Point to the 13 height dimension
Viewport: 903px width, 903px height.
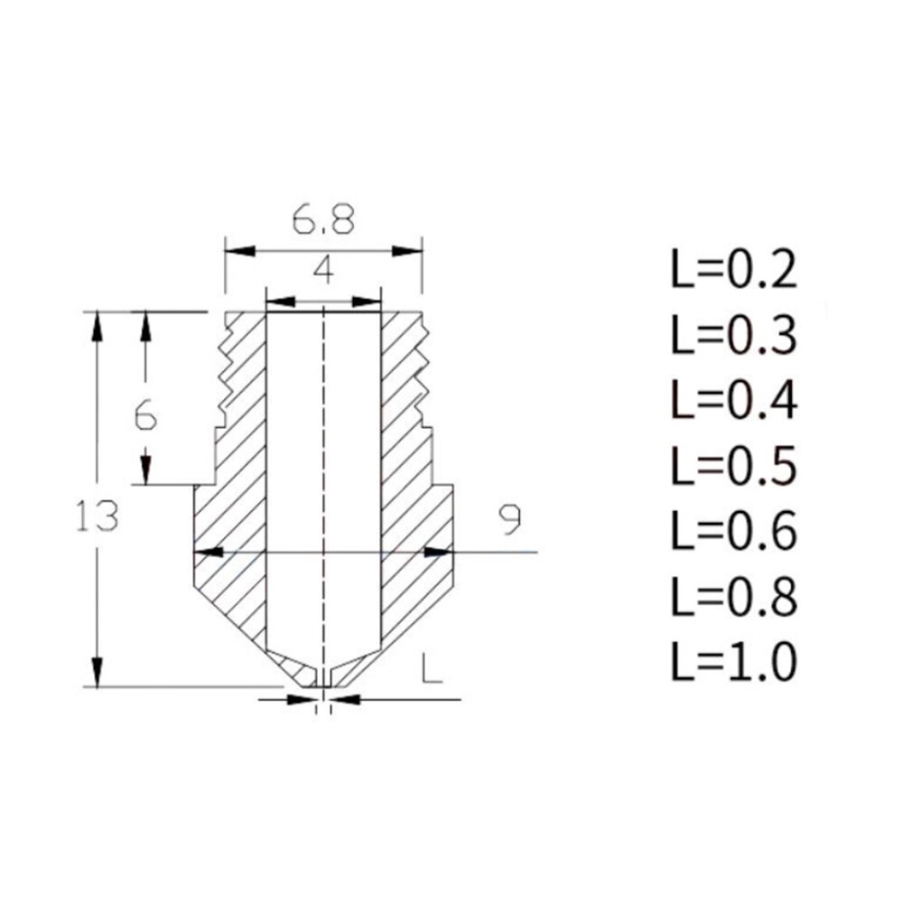click(98, 516)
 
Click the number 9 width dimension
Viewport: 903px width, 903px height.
click(509, 518)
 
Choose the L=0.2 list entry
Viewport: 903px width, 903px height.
click(733, 270)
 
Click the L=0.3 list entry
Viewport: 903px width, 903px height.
click(733, 336)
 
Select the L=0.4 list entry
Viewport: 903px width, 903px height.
click(733, 401)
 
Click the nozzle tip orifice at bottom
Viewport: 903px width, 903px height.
click(322, 684)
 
